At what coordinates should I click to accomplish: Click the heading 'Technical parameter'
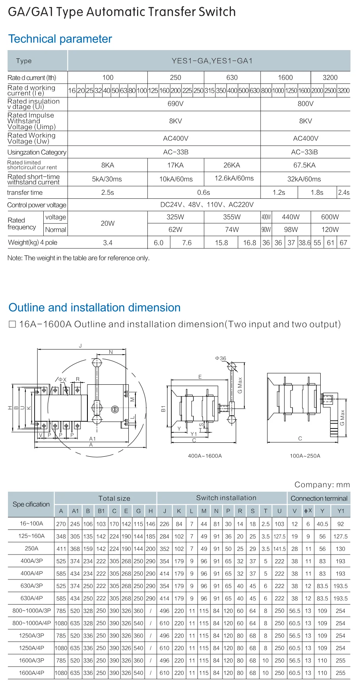point(60,39)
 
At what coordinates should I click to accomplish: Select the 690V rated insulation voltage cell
point(175,104)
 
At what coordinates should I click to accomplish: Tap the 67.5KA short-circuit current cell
point(304,165)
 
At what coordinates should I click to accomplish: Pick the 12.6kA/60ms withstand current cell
point(234,178)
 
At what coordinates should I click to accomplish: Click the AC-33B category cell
point(175,152)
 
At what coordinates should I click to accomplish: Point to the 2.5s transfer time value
point(107,192)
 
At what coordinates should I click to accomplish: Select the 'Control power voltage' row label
point(37,205)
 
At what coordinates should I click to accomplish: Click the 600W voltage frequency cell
point(330,217)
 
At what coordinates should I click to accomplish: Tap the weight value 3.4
point(107,242)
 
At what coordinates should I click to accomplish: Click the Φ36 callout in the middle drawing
point(221,358)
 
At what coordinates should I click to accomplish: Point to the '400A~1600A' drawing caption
point(205,456)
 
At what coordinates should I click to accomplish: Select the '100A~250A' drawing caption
point(305,456)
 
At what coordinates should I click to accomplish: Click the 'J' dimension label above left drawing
point(80,346)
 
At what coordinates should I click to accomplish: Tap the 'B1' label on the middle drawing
point(163,409)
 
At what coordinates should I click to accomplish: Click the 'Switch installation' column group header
point(226,498)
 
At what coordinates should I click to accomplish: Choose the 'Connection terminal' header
point(319,498)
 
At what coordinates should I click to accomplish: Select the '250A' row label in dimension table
point(31,549)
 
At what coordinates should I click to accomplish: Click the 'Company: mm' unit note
point(322,485)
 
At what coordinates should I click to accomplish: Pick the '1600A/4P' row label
point(31,673)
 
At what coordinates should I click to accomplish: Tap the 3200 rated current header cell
point(330,78)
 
